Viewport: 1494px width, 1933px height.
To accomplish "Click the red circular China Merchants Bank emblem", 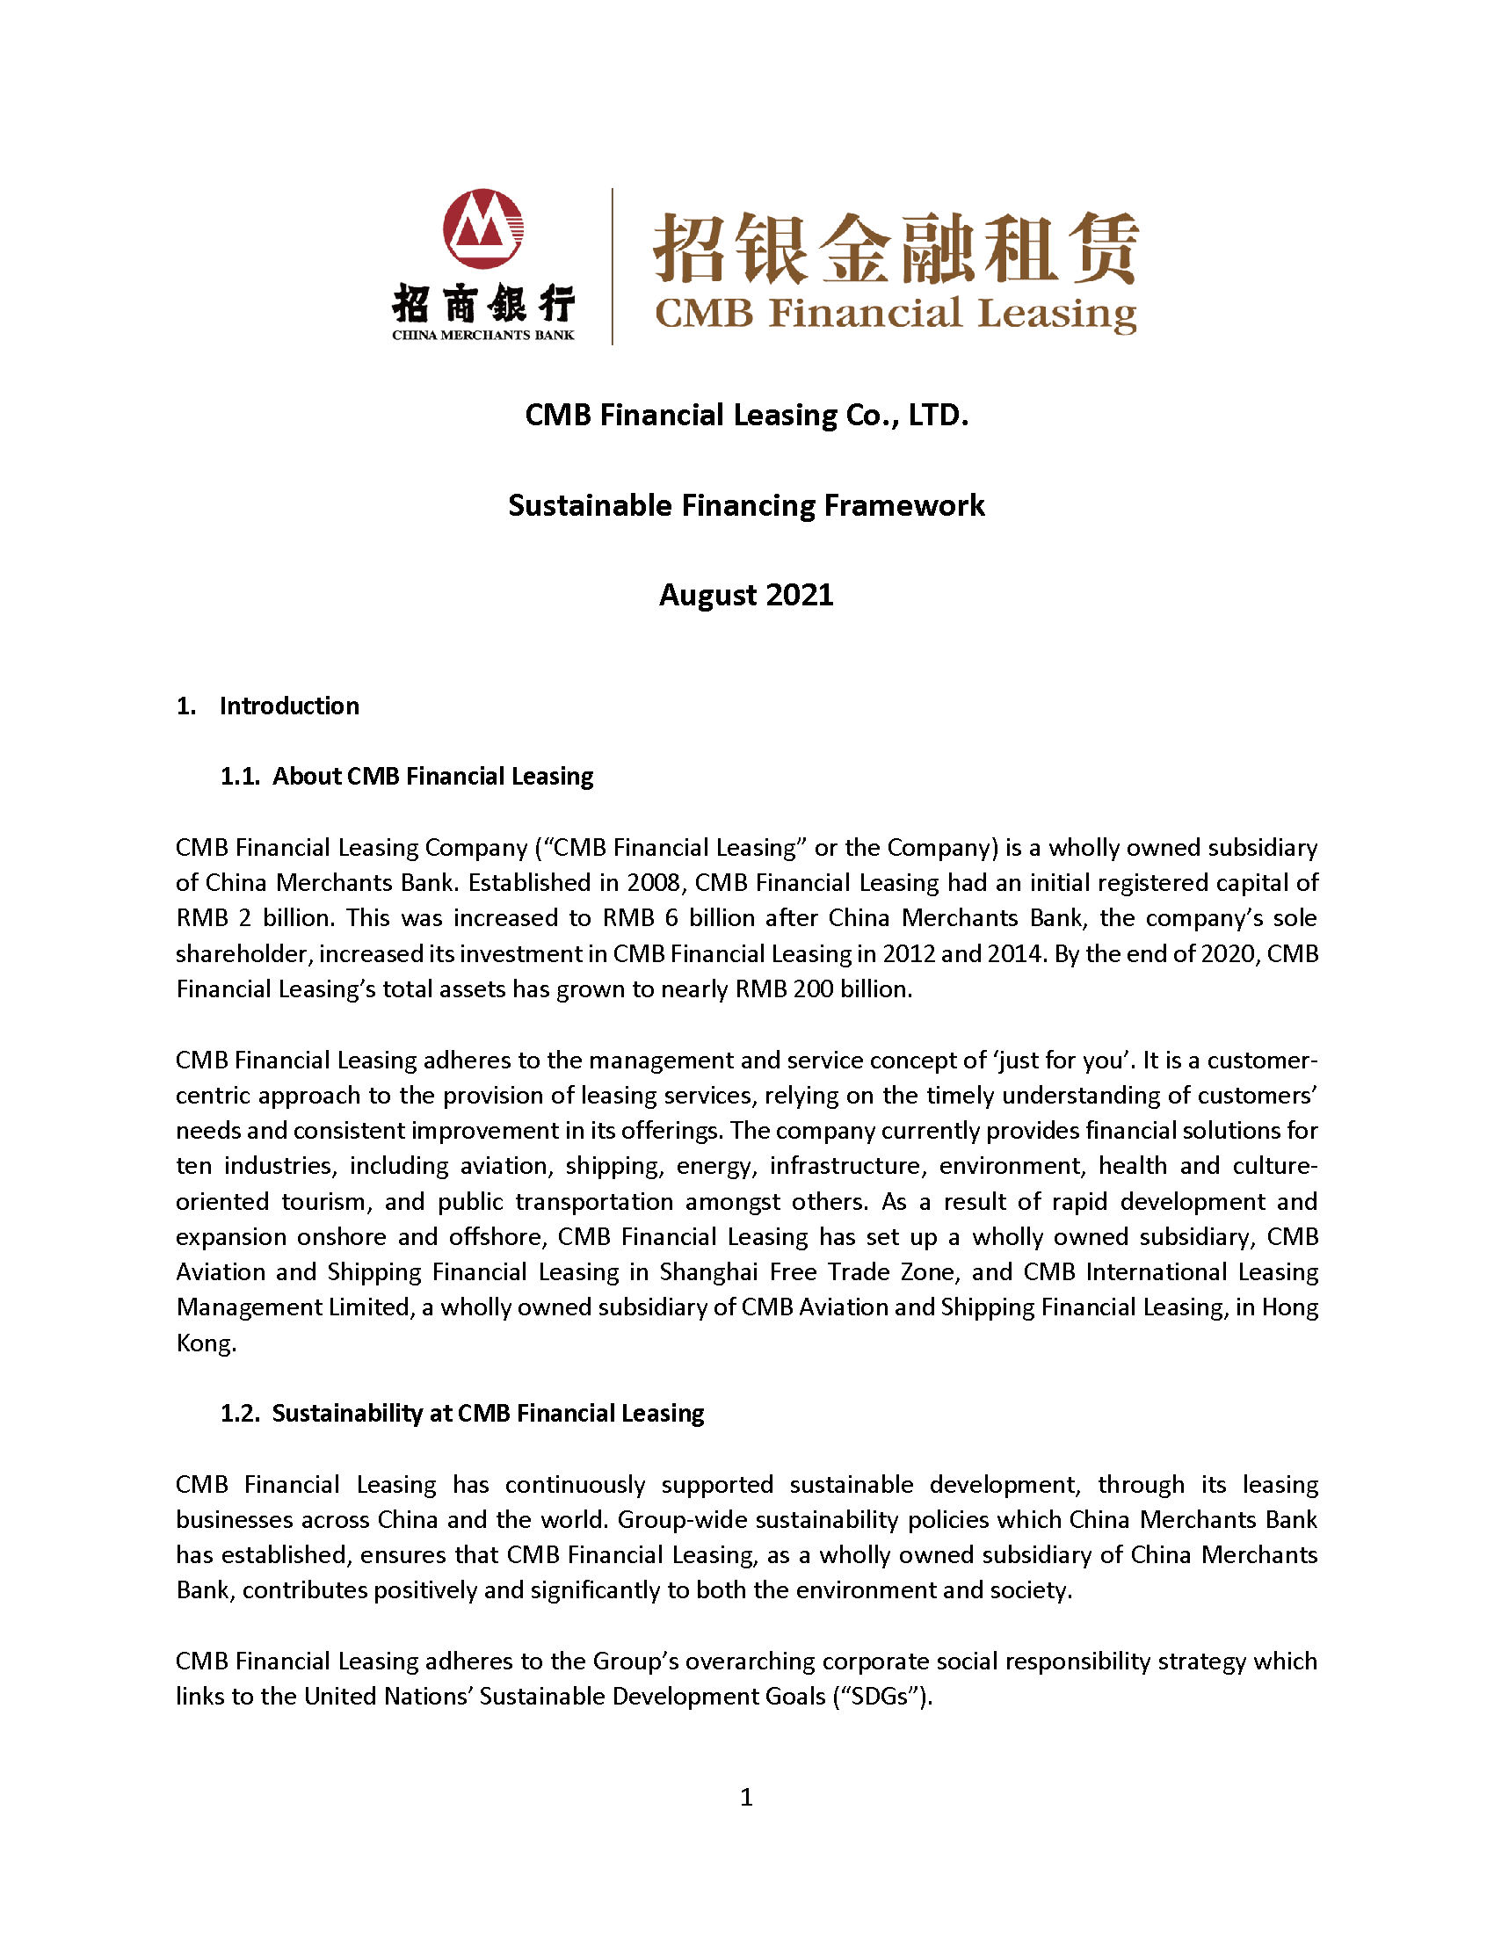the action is pos(483,228).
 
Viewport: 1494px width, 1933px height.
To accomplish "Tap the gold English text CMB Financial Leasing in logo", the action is pos(895,315).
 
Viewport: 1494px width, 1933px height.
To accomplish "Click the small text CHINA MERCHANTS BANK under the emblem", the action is pos(483,336).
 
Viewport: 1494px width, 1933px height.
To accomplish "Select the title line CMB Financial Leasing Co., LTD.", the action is pos(746,415).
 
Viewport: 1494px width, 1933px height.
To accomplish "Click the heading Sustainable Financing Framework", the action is pos(746,505).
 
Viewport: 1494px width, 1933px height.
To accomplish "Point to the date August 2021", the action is pos(746,595).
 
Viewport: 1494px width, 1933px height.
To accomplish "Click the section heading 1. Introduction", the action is pos(269,706).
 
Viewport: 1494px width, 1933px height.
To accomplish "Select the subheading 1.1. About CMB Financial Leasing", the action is pos(407,776).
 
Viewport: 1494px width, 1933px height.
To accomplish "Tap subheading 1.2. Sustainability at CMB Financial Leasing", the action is pos(462,1414).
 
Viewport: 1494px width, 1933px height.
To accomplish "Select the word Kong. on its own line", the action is pos(207,1343).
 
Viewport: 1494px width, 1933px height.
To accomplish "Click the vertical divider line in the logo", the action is pos(613,265).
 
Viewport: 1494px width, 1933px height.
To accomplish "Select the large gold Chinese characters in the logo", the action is pos(895,248).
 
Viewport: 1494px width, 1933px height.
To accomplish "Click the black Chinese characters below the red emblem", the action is pos(483,304).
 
